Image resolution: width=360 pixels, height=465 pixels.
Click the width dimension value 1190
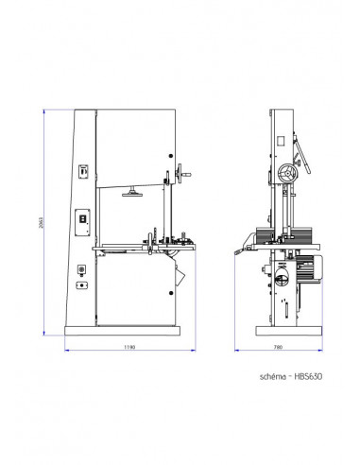click(x=130, y=347)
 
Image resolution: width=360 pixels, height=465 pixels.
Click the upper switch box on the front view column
click(x=81, y=172)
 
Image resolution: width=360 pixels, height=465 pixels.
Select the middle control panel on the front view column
click(x=81, y=216)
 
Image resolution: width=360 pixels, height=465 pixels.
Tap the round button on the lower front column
click(x=81, y=271)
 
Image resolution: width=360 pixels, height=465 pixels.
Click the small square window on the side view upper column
click(x=281, y=139)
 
